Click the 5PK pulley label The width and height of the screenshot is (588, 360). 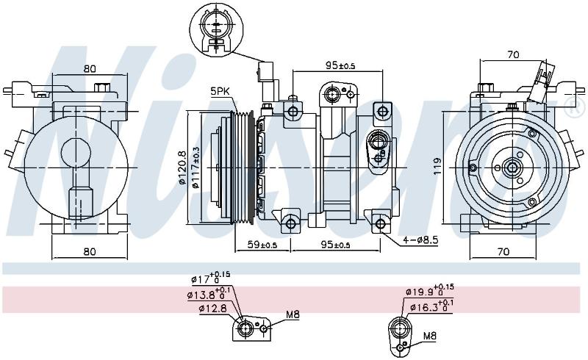[220, 91]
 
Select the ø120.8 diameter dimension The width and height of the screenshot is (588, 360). [182, 167]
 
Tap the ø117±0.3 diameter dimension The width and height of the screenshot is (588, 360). [195, 167]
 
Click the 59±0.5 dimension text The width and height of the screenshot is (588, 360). [262, 245]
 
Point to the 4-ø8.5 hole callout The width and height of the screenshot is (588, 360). [420, 240]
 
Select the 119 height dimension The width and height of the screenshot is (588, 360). [437, 167]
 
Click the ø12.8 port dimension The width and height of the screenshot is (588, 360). [212, 309]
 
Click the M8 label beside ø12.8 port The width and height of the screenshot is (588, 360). [293, 314]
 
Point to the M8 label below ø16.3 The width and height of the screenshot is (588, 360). [430, 336]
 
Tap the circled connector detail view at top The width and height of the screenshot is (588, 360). [216, 29]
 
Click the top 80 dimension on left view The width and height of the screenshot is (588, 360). [90, 68]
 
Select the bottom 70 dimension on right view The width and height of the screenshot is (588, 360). [503, 251]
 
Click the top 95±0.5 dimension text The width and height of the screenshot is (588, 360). [340, 65]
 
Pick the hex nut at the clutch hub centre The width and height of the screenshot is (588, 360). [512, 168]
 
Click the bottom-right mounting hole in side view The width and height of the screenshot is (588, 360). [380, 224]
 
